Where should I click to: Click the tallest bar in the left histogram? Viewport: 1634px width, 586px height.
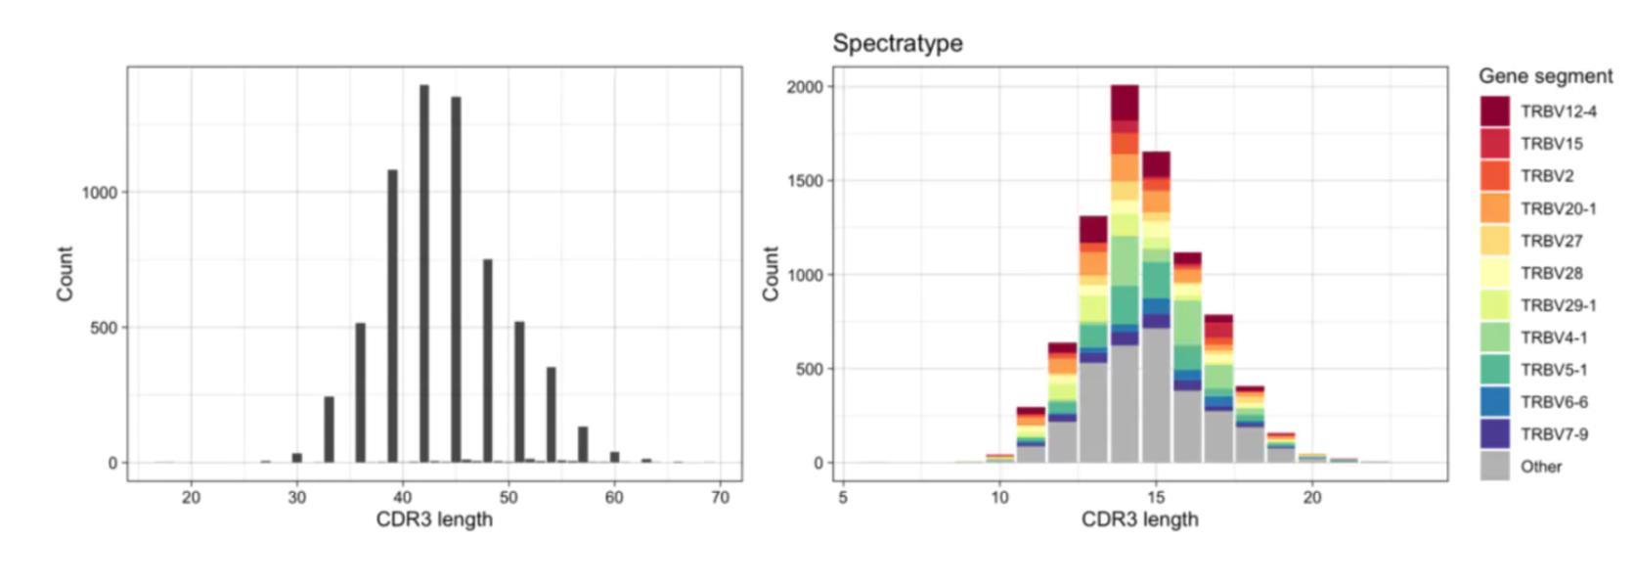[x=424, y=274]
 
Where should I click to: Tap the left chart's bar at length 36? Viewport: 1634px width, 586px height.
[x=360, y=392]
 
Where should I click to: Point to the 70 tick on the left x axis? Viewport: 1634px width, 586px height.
[x=721, y=497]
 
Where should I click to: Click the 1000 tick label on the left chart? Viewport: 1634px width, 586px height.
[x=100, y=193]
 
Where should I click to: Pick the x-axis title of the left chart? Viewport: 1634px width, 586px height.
[x=434, y=519]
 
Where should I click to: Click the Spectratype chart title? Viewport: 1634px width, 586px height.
[x=897, y=43]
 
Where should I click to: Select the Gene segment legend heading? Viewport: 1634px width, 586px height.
[x=1545, y=76]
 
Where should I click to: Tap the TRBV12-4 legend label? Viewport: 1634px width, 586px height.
[x=1558, y=112]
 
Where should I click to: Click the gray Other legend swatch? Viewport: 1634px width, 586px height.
[x=1494, y=466]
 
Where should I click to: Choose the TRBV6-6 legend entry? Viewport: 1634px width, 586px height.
[x=1554, y=402]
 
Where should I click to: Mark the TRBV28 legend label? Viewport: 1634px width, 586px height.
[x=1551, y=273]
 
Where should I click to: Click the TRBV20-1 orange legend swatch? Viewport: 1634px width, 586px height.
[x=1494, y=208]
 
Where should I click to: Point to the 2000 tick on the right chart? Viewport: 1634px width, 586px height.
[x=806, y=87]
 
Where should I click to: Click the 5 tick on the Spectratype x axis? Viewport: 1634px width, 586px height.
[x=843, y=497]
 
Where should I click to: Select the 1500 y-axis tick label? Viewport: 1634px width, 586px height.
[x=806, y=181]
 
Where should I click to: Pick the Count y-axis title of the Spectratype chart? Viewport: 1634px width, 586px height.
[x=771, y=274]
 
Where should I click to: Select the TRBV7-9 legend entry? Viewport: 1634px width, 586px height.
[x=1554, y=434]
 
